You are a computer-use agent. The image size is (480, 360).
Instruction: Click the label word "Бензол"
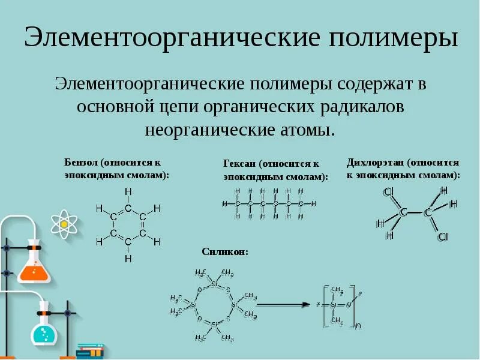point(81,163)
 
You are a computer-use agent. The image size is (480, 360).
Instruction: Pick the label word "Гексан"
point(239,164)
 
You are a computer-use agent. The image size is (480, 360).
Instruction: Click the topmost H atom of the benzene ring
point(128,191)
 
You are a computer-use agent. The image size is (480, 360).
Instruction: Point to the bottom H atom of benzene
point(128,259)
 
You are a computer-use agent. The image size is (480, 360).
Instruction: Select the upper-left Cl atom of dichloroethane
point(388,192)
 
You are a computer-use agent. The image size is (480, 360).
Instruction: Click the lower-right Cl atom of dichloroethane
point(443,237)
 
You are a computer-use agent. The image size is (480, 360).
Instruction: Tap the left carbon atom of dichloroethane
point(404,212)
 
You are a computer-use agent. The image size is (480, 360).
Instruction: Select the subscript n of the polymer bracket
point(358,326)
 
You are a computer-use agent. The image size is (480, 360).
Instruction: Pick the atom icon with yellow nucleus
point(62,224)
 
